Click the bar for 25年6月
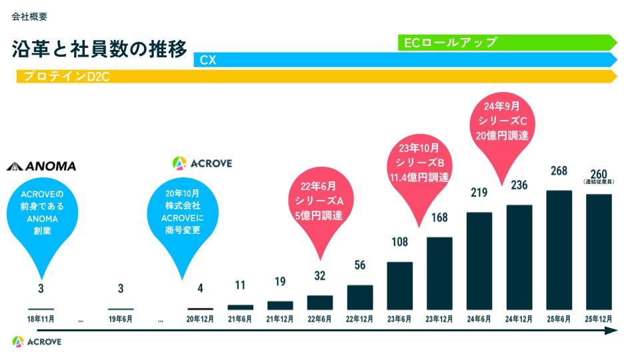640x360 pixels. click(x=559, y=250)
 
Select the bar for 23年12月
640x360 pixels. click(x=439, y=273)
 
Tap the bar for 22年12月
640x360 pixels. click(x=360, y=297)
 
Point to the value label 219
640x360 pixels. click(x=479, y=193)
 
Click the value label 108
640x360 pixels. click(x=399, y=242)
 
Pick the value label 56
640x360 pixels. click(x=360, y=265)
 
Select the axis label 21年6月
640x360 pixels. click(x=240, y=319)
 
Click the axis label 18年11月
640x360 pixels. click(x=41, y=319)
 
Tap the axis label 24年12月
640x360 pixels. click(x=519, y=319)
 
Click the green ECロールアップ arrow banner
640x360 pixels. click(x=507, y=43)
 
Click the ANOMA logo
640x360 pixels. click(x=41, y=166)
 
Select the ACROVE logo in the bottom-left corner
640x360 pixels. click(x=37, y=341)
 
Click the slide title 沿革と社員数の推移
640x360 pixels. click(x=99, y=50)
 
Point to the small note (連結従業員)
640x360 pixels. click(x=599, y=182)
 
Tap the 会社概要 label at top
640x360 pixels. click(x=29, y=17)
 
